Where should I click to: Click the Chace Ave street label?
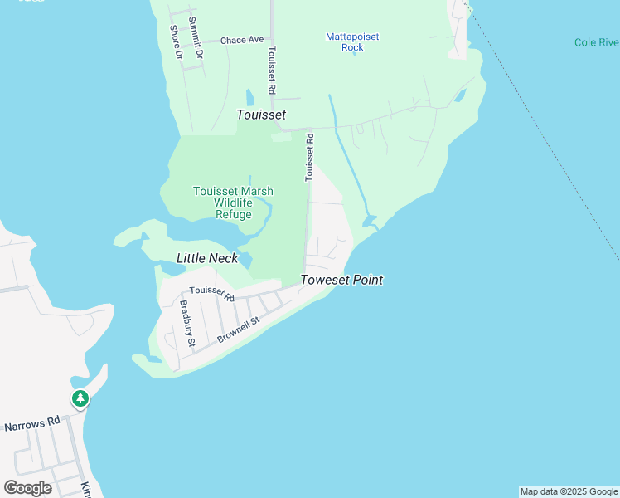pyautogui.click(x=242, y=39)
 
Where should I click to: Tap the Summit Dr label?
pyautogui.click(x=195, y=37)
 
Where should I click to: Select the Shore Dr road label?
pyautogui.click(x=176, y=41)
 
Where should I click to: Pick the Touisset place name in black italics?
pyautogui.click(x=261, y=115)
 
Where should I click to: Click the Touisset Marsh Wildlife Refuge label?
pyautogui.click(x=233, y=203)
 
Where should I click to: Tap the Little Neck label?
pyautogui.click(x=207, y=258)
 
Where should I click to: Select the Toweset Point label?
pyautogui.click(x=341, y=280)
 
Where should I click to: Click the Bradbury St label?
pyautogui.click(x=187, y=324)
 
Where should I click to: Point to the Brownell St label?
pyautogui.click(x=239, y=329)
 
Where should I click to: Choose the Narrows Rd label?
pyautogui.click(x=32, y=424)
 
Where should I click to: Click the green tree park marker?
pyautogui.click(x=80, y=399)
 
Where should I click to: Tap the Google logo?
pyautogui.click(x=27, y=487)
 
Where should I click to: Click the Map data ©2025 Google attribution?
pyautogui.click(x=569, y=491)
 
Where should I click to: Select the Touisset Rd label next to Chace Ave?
pyautogui.click(x=271, y=68)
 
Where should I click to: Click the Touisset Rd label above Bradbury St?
pyautogui.click(x=212, y=292)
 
